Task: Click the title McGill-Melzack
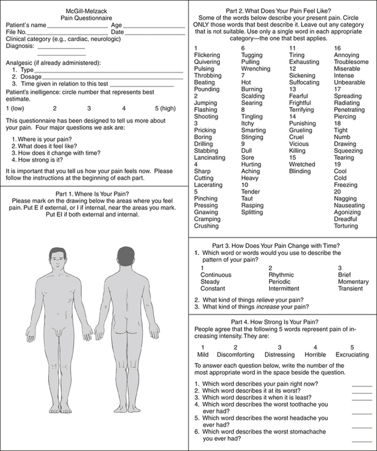(x=93, y=11)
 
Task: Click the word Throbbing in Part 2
(x=208, y=76)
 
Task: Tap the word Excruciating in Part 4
(x=352, y=355)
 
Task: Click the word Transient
(x=351, y=289)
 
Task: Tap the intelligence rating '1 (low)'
(x=16, y=108)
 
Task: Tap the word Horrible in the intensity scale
(x=315, y=355)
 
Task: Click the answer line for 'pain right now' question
(x=361, y=385)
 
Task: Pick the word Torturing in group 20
(x=346, y=226)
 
